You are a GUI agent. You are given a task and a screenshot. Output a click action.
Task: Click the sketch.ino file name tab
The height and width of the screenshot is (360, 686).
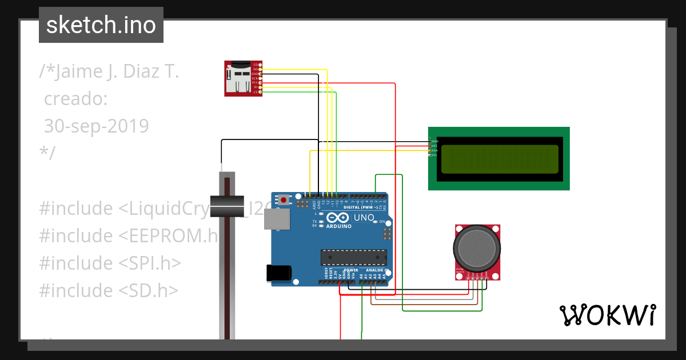[x=101, y=25]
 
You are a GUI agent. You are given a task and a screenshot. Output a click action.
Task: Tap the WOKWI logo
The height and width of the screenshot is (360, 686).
[x=607, y=315]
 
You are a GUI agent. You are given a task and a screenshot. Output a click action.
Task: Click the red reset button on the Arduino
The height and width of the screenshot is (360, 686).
[x=284, y=200]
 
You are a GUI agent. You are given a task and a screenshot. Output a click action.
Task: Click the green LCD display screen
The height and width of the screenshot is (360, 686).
[x=500, y=159]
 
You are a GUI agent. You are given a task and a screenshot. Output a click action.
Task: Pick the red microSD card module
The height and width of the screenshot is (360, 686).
[x=242, y=78]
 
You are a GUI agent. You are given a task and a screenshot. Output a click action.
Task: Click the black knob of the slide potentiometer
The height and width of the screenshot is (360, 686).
[x=227, y=206]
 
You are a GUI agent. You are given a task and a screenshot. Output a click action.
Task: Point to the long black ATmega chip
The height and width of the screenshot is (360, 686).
[x=353, y=258]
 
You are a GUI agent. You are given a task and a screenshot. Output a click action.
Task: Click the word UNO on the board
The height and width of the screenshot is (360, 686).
[x=364, y=218]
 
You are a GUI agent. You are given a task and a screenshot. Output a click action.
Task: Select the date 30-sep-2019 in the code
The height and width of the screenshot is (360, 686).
[x=96, y=126]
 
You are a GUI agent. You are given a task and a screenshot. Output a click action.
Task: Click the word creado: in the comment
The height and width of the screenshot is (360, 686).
[x=75, y=99]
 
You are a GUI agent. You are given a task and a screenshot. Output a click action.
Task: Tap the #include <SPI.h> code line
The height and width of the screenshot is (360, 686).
[x=110, y=263]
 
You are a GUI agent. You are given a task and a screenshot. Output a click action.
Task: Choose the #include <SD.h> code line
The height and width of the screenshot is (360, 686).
[x=109, y=290]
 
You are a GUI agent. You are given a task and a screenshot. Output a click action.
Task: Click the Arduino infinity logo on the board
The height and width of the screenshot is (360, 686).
[x=338, y=218]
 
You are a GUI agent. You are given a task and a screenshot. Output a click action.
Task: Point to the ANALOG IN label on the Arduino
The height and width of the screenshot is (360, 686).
[x=377, y=270]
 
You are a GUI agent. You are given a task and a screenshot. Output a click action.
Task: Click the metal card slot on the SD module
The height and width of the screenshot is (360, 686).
[x=238, y=79]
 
